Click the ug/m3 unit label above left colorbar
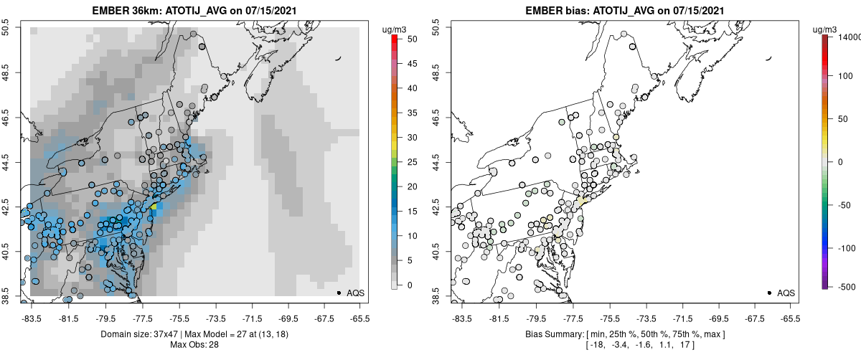(395, 29)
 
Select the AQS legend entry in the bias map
(785, 293)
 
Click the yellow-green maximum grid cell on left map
(153, 206)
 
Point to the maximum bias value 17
(687, 345)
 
